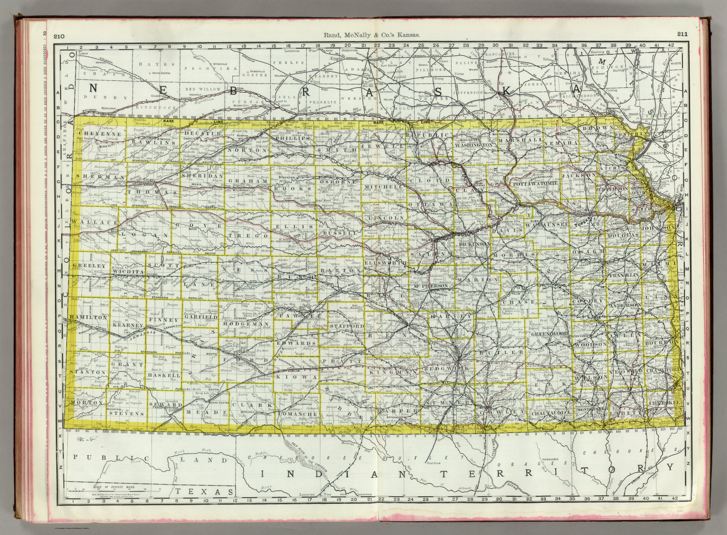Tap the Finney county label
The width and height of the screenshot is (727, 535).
click(164, 320)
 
